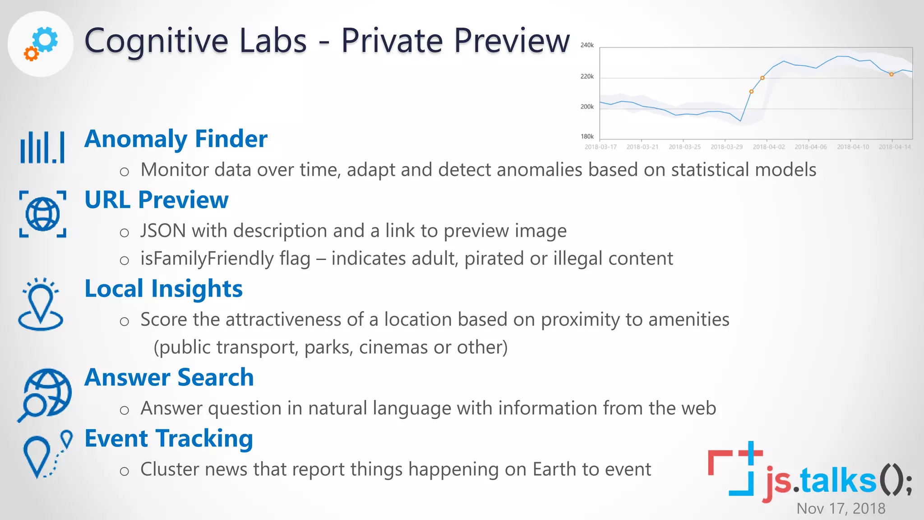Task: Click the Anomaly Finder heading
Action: (x=176, y=139)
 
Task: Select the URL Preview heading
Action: (x=156, y=200)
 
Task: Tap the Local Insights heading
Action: (x=163, y=288)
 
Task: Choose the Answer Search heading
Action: (x=169, y=377)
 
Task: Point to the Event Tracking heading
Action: (x=168, y=438)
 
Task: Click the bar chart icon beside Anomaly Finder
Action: (x=42, y=147)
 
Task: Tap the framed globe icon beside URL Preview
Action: (x=42, y=214)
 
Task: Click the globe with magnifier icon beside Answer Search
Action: (x=45, y=395)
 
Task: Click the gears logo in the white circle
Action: (x=41, y=44)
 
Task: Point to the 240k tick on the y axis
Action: (x=587, y=45)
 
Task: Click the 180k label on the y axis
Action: (x=587, y=136)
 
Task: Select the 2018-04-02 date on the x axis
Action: (x=768, y=147)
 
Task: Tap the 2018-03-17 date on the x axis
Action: (x=600, y=147)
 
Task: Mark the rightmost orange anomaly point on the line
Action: (x=891, y=74)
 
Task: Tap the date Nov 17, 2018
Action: (x=841, y=509)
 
